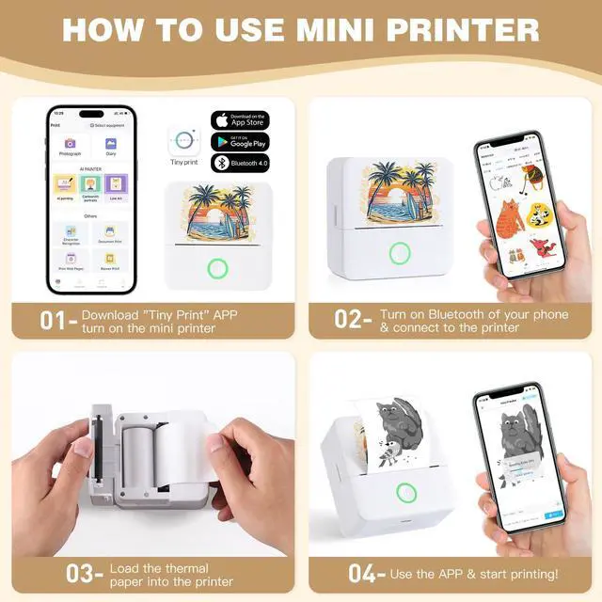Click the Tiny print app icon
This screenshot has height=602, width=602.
(x=183, y=141)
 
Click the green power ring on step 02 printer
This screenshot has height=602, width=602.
(x=400, y=252)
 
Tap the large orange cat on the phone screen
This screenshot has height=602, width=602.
(x=509, y=219)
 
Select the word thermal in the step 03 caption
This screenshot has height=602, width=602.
(x=178, y=568)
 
